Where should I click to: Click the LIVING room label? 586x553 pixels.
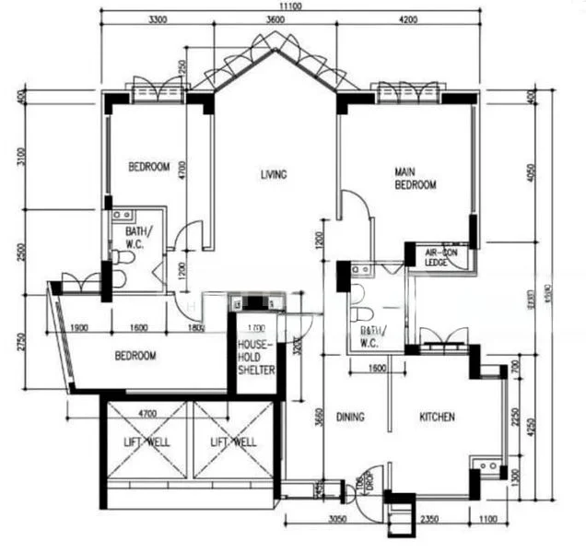[x=273, y=174]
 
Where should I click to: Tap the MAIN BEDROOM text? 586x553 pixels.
[x=415, y=178]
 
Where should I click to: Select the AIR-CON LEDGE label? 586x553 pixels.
[x=442, y=256]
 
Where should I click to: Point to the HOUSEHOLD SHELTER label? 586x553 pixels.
[x=256, y=355]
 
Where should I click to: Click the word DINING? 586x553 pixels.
[x=350, y=417]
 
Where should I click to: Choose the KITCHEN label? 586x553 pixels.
[x=437, y=417]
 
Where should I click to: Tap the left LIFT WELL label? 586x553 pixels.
[x=147, y=441]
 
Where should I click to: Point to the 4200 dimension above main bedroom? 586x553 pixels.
[x=407, y=19]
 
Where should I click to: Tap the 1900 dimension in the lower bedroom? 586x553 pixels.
[x=78, y=327]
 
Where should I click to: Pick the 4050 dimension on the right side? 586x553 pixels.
[x=532, y=173]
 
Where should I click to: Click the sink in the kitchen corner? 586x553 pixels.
[x=487, y=467]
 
